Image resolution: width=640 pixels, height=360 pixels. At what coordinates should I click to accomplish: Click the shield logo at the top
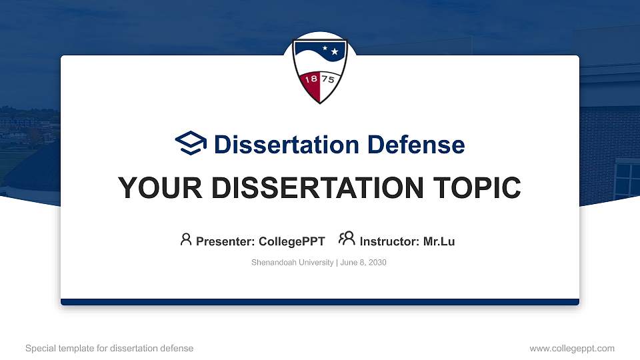point(320,70)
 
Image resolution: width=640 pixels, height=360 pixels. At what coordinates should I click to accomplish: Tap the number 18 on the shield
point(310,79)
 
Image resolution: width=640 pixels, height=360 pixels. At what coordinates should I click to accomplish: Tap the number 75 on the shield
point(329,79)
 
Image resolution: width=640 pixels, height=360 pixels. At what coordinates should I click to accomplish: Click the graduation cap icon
point(191,144)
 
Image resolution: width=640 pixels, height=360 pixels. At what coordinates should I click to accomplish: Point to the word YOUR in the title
point(151,188)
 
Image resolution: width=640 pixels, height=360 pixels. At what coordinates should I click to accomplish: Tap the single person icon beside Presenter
point(186,239)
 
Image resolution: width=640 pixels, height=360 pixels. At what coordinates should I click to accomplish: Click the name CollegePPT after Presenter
point(292,241)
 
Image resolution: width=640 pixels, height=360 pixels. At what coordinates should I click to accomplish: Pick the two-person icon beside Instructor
point(347,239)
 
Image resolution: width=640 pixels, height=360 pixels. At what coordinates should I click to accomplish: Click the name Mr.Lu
point(439,241)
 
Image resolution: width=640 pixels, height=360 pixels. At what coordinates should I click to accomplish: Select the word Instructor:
point(389,241)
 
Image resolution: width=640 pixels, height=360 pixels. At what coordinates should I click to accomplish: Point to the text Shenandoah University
point(292,263)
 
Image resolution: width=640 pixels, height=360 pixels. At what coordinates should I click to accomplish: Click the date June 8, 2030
point(364,263)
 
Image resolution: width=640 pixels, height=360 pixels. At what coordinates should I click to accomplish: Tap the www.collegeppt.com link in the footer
point(572,348)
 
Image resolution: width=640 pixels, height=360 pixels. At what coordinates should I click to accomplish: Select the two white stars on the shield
point(330,49)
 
